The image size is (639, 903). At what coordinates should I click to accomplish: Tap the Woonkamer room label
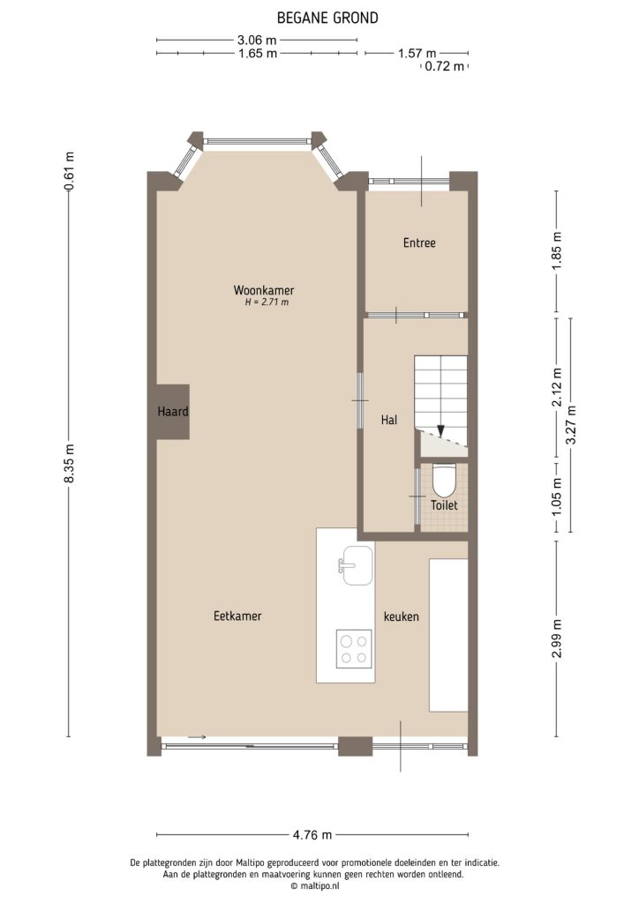click(x=263, y=290)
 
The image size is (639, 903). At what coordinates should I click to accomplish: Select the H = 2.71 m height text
click(x=267, y=302)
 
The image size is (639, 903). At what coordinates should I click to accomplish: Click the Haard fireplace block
click(x=173, y=412)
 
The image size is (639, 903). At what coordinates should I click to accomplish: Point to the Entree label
click(x=419, y=243)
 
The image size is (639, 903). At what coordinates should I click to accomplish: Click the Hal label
click(x=389, y=421)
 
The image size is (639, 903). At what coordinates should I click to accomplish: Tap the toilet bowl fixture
click(x=443, y=480)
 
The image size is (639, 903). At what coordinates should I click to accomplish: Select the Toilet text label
click(x=444, y=506)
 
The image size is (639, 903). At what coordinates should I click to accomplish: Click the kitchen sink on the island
click(x=355, y=563)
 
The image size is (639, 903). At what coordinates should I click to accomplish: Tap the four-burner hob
click(x=354, y=649)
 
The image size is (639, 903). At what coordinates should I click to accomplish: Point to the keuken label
click(x=401, y=616)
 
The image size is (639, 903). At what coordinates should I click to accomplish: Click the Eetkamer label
click(x=237, y=616)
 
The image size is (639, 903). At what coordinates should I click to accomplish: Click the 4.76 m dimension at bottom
click(x=313, y=834)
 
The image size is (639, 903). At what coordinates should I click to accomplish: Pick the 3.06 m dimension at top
click(x=257, y=40)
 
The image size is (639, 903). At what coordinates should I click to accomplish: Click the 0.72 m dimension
click(x=444, y=66)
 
